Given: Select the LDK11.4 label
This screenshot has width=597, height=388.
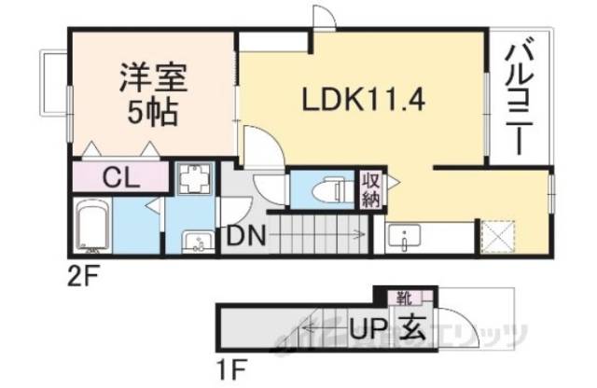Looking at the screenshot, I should pyautogui.click(x=364, y=99).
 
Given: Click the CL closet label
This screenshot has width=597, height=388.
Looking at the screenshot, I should pyautogui.click(x=121, y=176).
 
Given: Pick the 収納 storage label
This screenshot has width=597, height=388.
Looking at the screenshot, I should pyautogui.click(x=370, y=188).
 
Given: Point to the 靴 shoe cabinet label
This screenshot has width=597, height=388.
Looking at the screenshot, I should pyautogui.click(x=403, y=298).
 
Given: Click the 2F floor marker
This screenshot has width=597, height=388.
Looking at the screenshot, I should pyautogui.click(x=81, y=276).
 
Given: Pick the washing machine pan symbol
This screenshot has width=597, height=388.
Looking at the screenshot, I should pyautogui.click(x=195, y=181).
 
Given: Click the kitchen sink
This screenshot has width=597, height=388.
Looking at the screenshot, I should pyautogui.click(x=404, y=238).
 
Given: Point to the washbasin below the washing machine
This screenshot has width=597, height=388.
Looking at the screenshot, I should pyautogui.click(x=195, y=241).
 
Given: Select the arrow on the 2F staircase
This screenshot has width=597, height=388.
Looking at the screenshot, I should pyautogui.click(x=359, y=234).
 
